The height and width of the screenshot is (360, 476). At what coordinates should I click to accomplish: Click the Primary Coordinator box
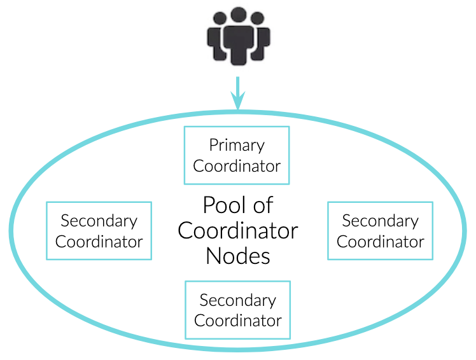236,155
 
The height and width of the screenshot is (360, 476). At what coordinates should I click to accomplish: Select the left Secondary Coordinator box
99,230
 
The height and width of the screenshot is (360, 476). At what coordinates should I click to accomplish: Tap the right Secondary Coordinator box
380,230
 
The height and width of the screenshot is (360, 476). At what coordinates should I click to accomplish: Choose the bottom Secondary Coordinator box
237,310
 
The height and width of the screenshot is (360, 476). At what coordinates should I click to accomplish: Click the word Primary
237,146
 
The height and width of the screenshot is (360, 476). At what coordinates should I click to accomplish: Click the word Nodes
238,256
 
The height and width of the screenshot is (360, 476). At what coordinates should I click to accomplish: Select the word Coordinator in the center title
238,230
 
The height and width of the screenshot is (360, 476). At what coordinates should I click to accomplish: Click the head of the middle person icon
238,16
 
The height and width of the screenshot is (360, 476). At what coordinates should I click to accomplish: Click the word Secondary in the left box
99,221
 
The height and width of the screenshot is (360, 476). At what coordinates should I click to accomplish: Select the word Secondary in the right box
380,221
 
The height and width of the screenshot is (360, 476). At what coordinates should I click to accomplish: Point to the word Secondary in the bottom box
237,300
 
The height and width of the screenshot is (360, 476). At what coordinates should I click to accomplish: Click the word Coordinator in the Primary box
237,166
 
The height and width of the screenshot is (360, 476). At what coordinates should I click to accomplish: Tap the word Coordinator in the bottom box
237,320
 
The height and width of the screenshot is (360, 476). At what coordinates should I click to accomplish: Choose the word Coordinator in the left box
99,241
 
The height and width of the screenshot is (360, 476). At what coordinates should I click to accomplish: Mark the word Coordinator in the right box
380,241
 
